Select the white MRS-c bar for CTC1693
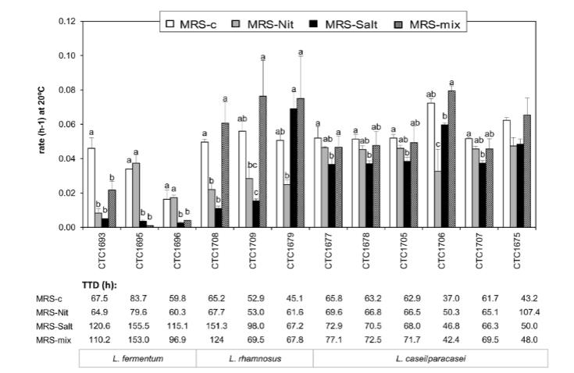[91, 187]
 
